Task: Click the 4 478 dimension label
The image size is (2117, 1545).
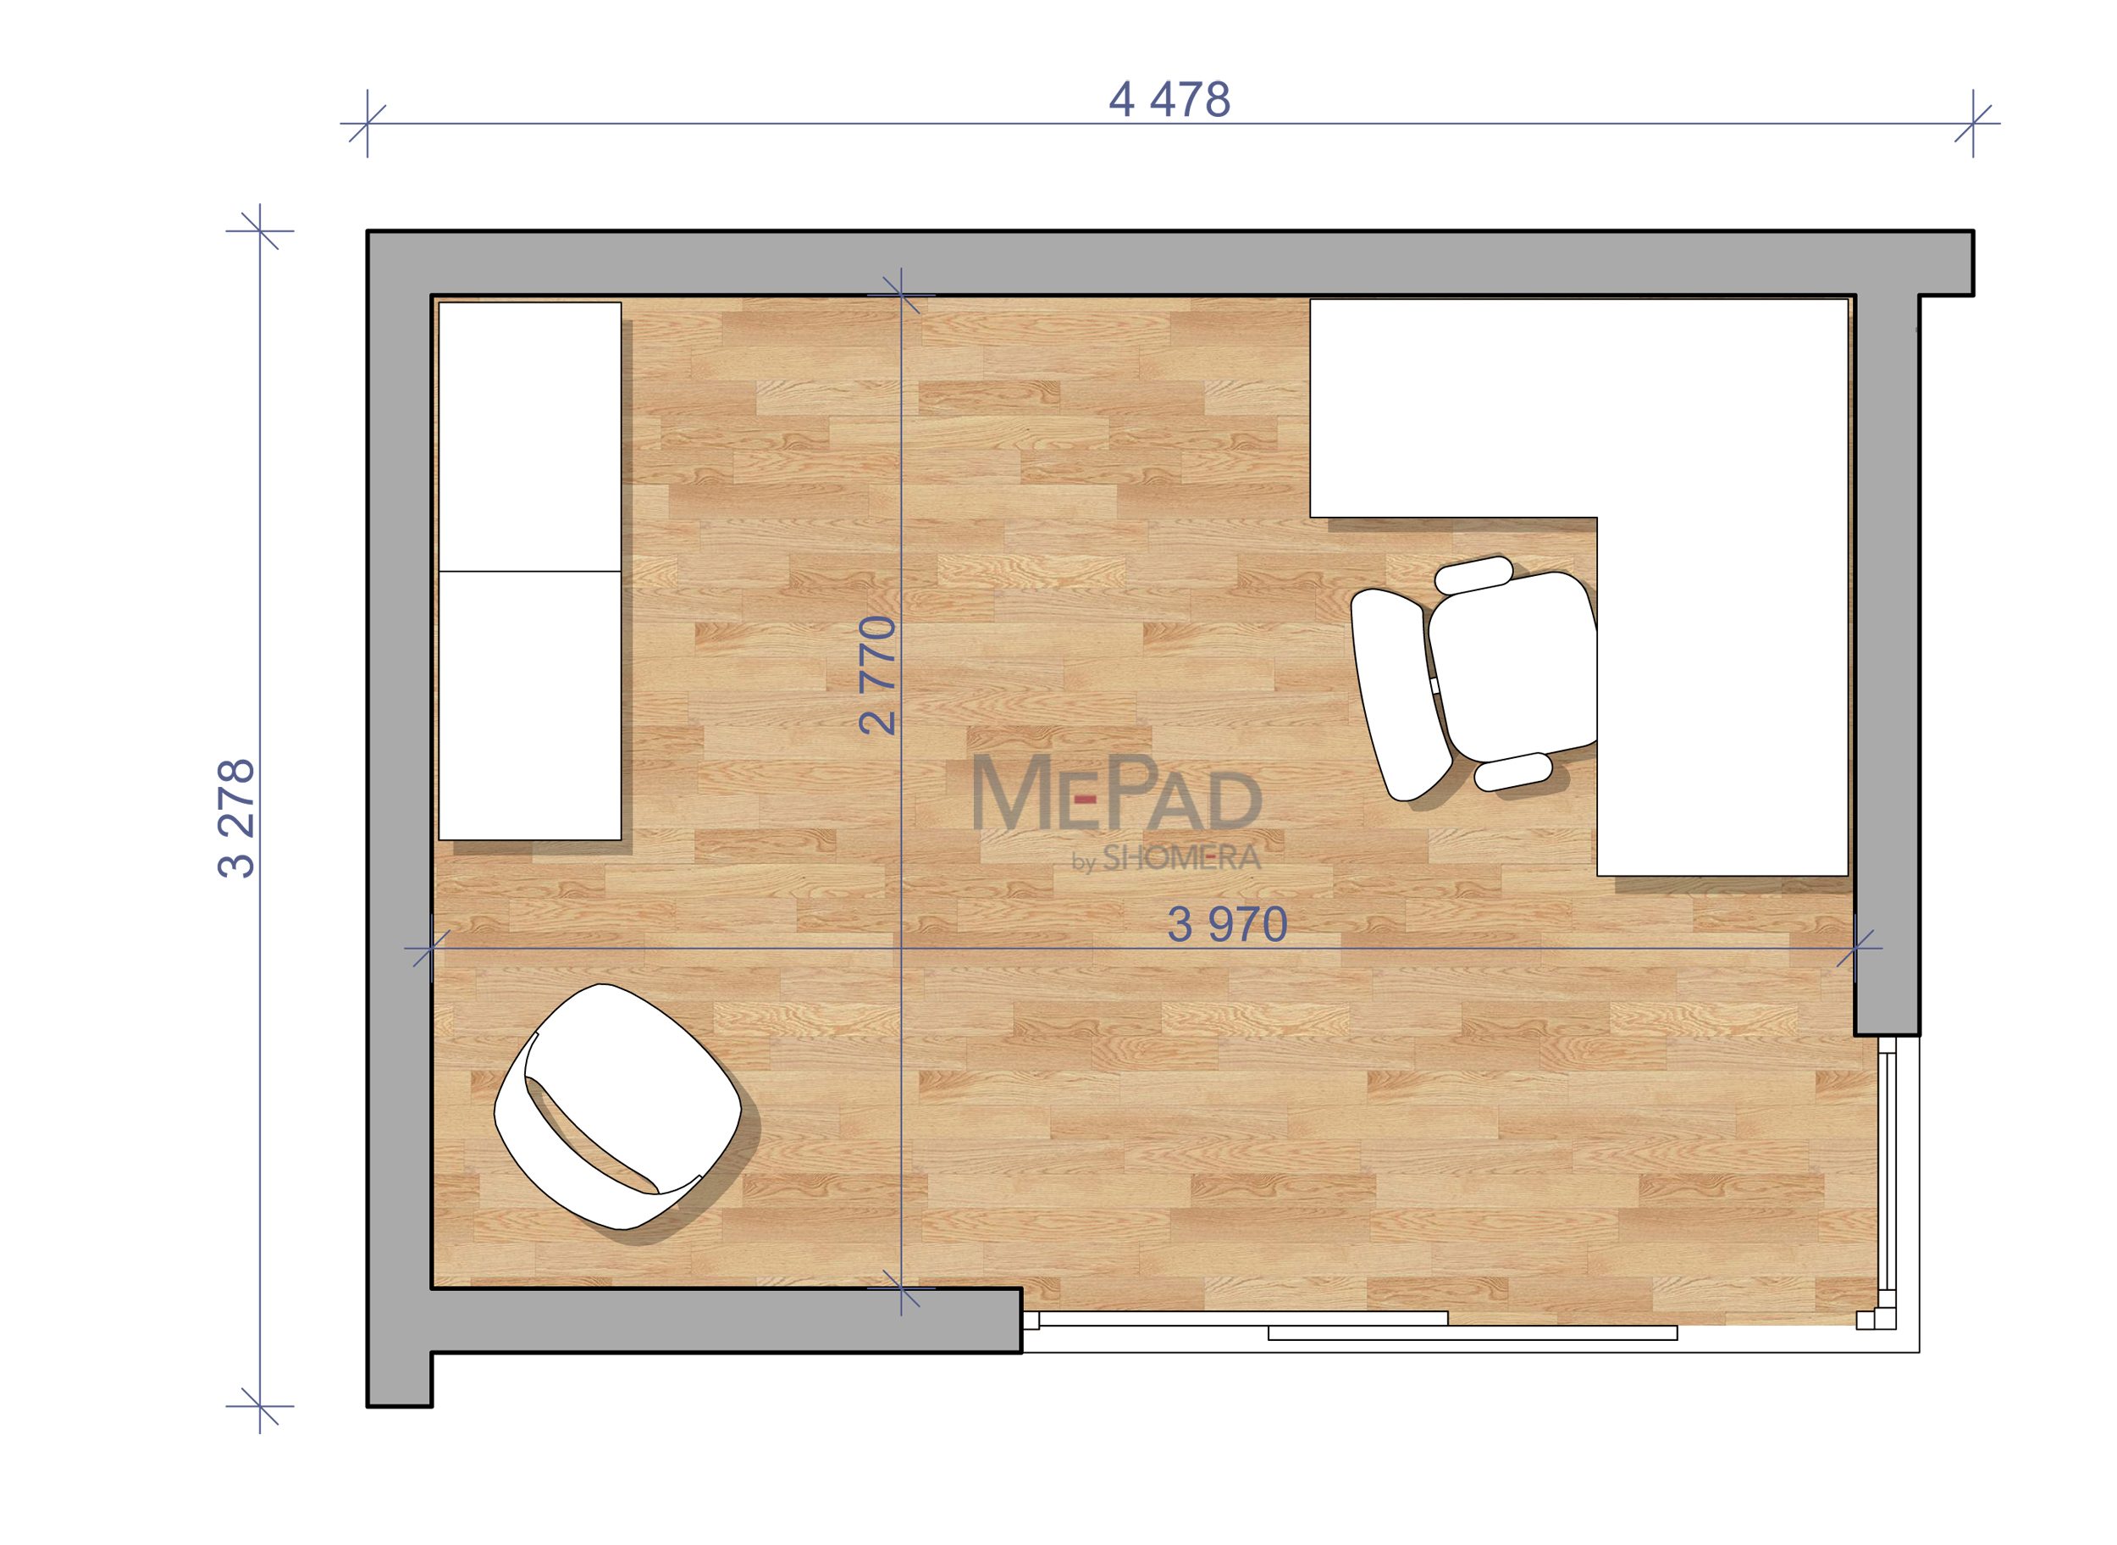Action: [x=1169, y=100]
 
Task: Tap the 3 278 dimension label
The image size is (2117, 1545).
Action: [x=235, y=818]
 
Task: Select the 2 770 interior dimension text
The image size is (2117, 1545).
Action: [x=877, y=675]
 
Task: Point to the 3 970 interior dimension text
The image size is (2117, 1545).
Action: [x=1227, y=925]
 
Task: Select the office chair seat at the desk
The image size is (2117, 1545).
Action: [x=1513, y=665]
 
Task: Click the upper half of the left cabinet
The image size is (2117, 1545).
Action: [x=529, y=436]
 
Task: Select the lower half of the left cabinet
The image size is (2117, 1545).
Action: [x=529, y=706]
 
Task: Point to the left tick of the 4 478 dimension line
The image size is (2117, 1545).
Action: [x=368, y=124]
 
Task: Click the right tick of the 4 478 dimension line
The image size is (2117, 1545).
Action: [x=1973, y=124]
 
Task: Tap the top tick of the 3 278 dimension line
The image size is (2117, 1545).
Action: [x=260, y=230]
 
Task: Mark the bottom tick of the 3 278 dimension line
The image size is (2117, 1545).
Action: [x=260, y=1405]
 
